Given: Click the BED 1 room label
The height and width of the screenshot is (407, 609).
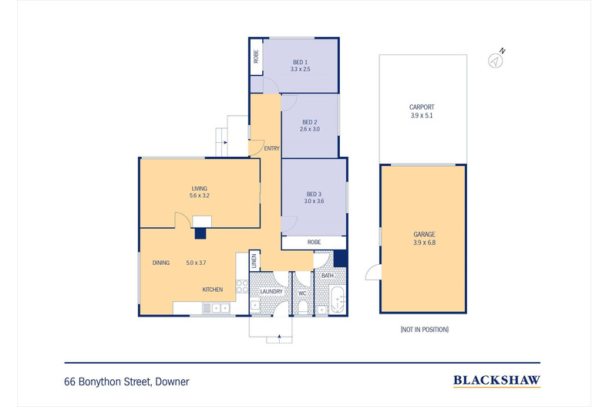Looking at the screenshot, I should pyautogui.click(x=299, y=62).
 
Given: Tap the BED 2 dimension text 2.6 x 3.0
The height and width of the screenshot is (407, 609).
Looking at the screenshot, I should pyautogui.click(x=310, y=129).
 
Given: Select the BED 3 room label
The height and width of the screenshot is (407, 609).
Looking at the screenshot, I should pyautogui.click(x=313, y=194).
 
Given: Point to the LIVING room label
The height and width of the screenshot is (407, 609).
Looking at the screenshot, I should pyautogui.click(x=200, y=188).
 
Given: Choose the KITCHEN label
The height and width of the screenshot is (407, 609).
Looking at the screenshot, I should pyautogui.click(x=213, y=290).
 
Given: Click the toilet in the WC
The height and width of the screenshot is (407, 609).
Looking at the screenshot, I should pyautogui.click(x=302, y=307).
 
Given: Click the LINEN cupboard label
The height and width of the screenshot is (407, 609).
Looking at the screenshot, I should pyautogui.click(x=254, y=262).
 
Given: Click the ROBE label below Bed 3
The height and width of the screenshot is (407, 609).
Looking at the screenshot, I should pyautogui.click(x=314, y=243).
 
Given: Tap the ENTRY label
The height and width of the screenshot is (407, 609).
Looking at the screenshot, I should pyautogui.click(x=271, y=148).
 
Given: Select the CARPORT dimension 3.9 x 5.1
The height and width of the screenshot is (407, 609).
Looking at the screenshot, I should pyautogui.click(x=422, y=116).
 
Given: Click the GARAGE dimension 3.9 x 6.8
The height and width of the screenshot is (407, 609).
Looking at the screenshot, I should pyautogui.click(x=423, y=243).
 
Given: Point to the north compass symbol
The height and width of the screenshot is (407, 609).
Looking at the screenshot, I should pyautogui.click(x=497, y=59).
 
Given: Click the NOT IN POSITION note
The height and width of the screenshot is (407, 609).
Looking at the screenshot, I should pyautogui.click(x=424, y=329).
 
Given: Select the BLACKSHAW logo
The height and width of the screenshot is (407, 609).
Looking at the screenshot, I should pyautogui.click(x=496, y=380).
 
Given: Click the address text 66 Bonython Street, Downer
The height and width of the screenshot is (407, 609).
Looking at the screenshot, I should pyautogui.click(x=127, y=381).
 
